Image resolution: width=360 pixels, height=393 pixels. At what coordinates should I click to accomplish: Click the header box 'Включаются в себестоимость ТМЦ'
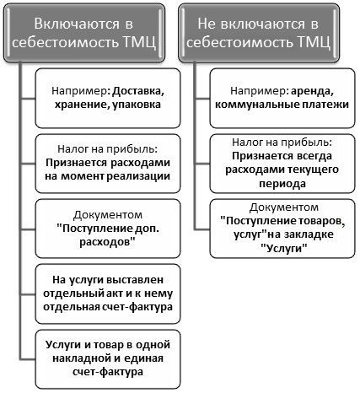(x=84, y=33)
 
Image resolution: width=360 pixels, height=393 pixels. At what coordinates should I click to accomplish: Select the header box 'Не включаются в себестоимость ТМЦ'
(x=259, y=33)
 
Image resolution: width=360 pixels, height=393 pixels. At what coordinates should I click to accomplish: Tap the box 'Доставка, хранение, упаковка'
(x=108, y=98)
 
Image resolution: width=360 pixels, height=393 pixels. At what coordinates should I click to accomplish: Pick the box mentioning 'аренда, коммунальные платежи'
(x=282, y=98)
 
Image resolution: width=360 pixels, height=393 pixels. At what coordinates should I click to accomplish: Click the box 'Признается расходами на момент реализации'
(x=108, y=164)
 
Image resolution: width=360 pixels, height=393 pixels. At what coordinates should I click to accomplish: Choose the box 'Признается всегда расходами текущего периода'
(x=282, y=164)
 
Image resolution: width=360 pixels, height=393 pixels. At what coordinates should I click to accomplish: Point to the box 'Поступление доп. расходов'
(x=108, y=229)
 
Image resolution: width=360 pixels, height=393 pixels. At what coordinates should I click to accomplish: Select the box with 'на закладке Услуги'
(x=282, y=229)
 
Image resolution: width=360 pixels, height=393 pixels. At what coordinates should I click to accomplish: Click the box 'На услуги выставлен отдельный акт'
(x=108, y=293)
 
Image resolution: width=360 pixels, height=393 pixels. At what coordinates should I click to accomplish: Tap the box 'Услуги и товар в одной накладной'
(x=108, y=359)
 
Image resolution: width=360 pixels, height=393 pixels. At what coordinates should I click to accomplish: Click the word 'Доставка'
(x=138, y=91)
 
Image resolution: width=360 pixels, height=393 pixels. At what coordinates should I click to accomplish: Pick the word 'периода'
(x=282, y=184)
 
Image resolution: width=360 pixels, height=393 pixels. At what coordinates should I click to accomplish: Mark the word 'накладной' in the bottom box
(x=80, y=358)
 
